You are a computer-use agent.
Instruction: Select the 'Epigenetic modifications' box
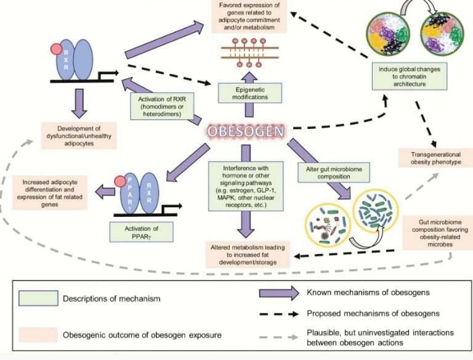pos(249,93)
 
